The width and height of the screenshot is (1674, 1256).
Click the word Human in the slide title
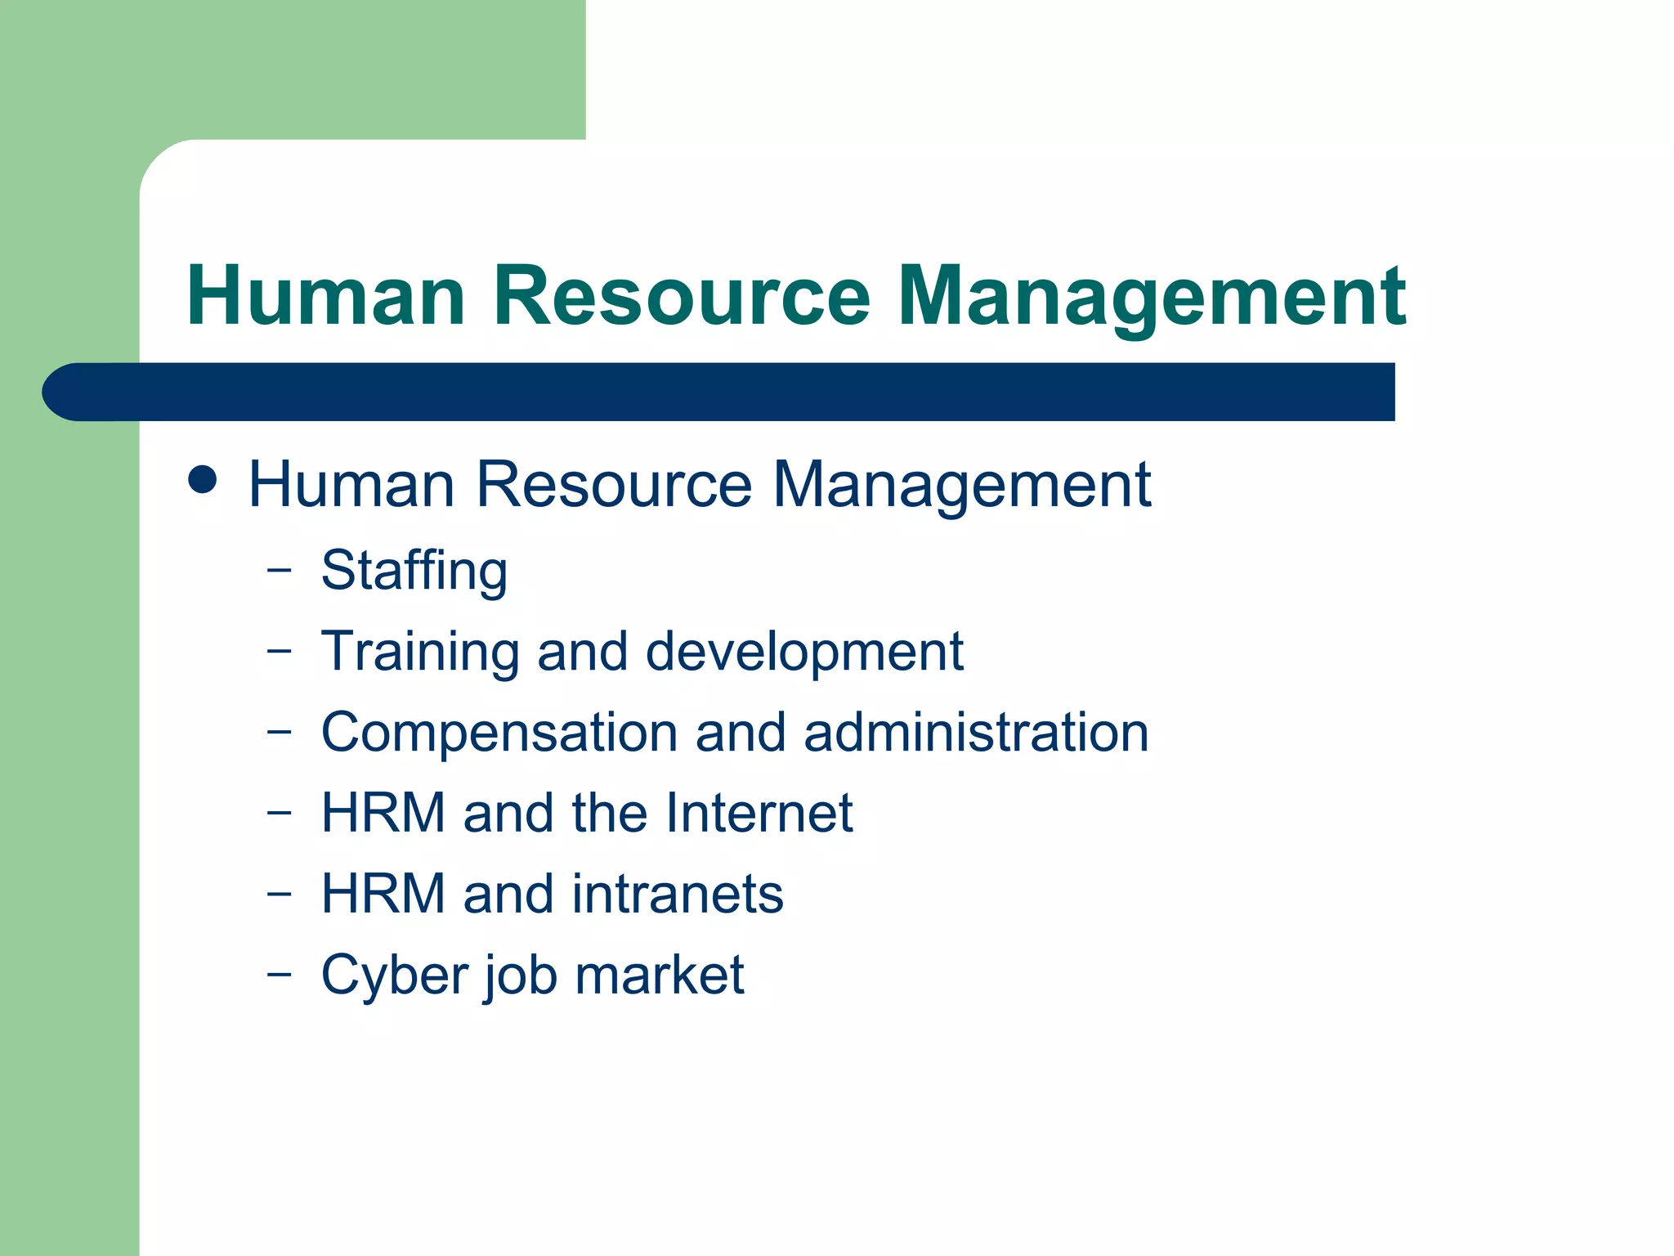326,296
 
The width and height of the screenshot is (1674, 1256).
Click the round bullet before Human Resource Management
203,480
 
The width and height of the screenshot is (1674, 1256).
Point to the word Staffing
414,572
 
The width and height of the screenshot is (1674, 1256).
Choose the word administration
976,732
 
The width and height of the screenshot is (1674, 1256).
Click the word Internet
759,813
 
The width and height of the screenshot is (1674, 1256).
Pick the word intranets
678,894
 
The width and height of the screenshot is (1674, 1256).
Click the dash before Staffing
279,571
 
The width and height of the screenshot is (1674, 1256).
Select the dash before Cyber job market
279,975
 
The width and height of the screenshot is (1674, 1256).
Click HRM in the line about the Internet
383,813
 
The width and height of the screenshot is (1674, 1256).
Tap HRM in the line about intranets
383,894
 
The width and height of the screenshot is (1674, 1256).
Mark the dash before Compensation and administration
279,732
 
